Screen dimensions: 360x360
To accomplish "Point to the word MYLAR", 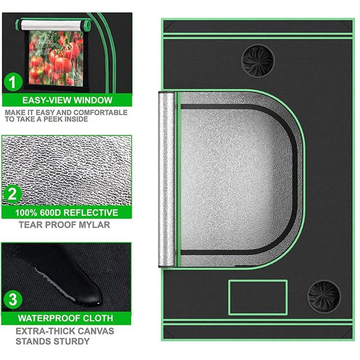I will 93,225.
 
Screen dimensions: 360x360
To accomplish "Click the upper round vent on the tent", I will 257,61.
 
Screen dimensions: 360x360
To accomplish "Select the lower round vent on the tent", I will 324,296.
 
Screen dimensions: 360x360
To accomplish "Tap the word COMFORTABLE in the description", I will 101,113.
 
